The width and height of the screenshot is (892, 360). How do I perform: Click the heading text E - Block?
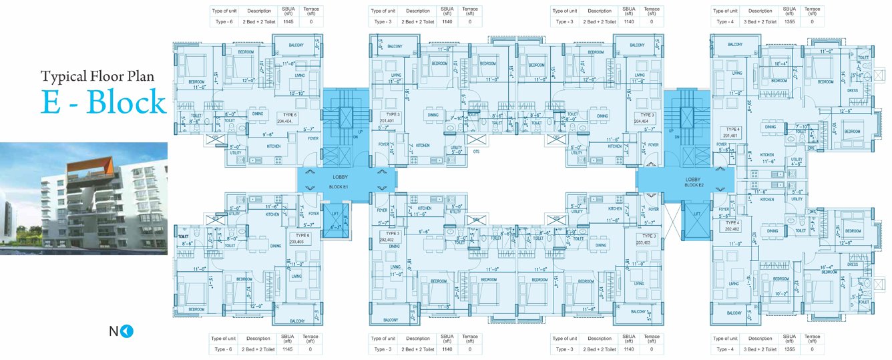(x=103, y=102)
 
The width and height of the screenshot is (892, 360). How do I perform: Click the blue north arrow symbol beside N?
(x=129, y=330)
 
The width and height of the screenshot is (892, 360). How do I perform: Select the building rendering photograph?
(x=83, y=198)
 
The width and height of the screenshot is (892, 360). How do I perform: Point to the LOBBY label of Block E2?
(x=692, y=180)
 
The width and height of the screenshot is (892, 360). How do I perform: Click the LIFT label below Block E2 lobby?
(x=696, y=214)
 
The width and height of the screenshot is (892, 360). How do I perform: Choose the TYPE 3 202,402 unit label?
(x=390, y=236)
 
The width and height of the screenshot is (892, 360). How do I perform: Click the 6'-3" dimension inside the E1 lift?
(x=337, y=226)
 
